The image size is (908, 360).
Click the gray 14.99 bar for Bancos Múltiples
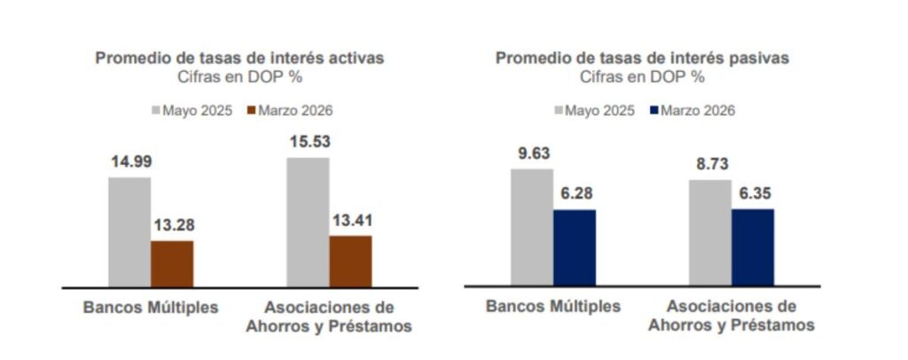tap(129, 232)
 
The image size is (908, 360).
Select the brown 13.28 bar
tap(172, 264)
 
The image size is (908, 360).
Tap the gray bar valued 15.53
tap(308, 223)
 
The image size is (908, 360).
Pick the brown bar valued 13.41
tap(350, 262)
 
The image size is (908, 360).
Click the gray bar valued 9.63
tap(532, 227)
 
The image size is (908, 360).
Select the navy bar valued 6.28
tap(575, 247)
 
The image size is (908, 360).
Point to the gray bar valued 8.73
tap(710, 232)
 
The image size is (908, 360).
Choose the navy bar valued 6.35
tap(753, 247)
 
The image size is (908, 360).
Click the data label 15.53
tap(308, 141)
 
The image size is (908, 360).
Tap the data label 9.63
tap(532, 153)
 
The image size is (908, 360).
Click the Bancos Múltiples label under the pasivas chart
tap(553, 306)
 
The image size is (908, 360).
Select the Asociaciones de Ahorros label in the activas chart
tap(328, 316)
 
